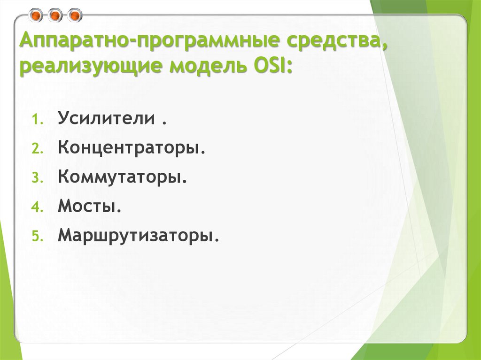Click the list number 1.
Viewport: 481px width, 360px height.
(x=37, y=120)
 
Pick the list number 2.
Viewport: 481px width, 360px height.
(x=37, y=149)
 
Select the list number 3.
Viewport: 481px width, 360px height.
(x=37, y=178)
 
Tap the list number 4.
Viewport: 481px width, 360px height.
(x=37, y=207)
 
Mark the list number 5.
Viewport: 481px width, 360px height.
(x=37, y=237)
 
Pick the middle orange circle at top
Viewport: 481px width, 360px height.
(x=55, y=16)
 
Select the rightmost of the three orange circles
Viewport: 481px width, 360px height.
(x=74, y=16)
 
